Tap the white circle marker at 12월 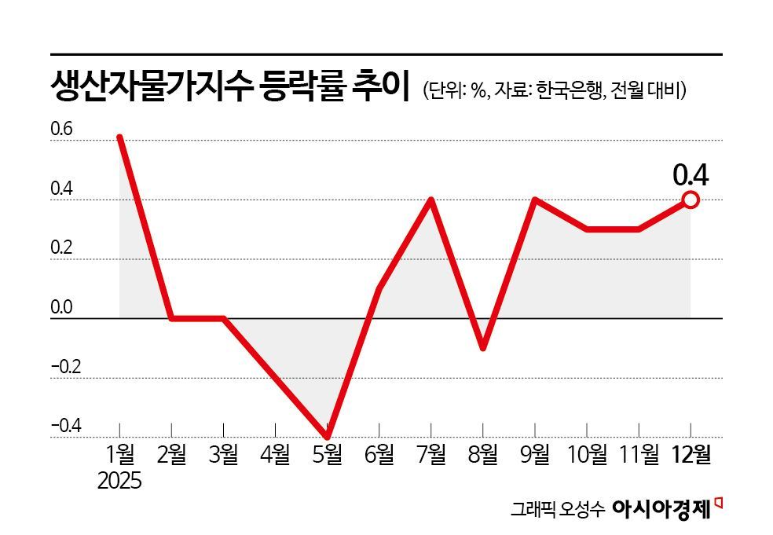point(691,200)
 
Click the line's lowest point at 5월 point(327,437)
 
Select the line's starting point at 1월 point(119,137)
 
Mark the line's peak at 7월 point(430,200)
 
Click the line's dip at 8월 point(482,348)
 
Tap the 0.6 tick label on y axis point(61,130)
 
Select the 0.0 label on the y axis point(61,308)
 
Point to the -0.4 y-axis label point(66,426)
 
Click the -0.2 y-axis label point(66,367)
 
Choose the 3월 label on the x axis point(224,456)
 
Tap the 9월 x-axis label point(534,456)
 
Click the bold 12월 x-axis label point(691,456)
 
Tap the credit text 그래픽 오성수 point(557,510)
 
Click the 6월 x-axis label point(379,456)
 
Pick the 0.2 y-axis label point(61,248)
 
